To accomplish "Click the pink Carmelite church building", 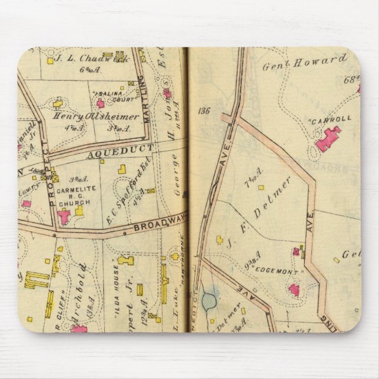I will pos(64,217).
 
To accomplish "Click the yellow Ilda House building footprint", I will pos(125,260).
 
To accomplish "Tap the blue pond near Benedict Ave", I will pos(209,302).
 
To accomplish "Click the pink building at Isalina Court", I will pos(101,104).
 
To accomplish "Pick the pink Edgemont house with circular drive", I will pos(294,290).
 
